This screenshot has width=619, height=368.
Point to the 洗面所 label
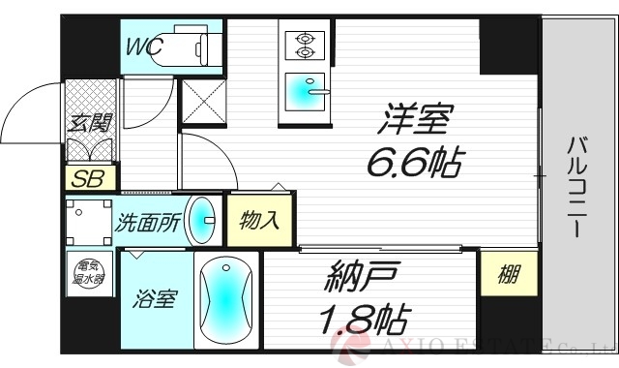[147, 222]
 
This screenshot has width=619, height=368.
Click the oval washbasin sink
[201, 220]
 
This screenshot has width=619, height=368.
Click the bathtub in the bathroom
[226, 300]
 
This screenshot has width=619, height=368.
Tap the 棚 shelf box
[508, 273]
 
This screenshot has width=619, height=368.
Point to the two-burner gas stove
[304, 43]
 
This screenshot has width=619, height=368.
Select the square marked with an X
[203, 102]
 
